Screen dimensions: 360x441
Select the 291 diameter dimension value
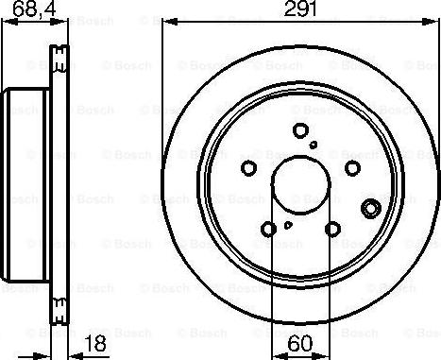pos(301,11)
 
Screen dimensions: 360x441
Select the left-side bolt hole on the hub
pos(249,168)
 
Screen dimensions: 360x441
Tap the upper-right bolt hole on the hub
pos(352,168)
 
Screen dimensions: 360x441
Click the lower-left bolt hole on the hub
pos(270,229)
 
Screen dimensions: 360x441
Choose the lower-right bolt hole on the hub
pos(332,229)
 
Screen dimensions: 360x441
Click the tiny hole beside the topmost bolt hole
pos(314,145)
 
